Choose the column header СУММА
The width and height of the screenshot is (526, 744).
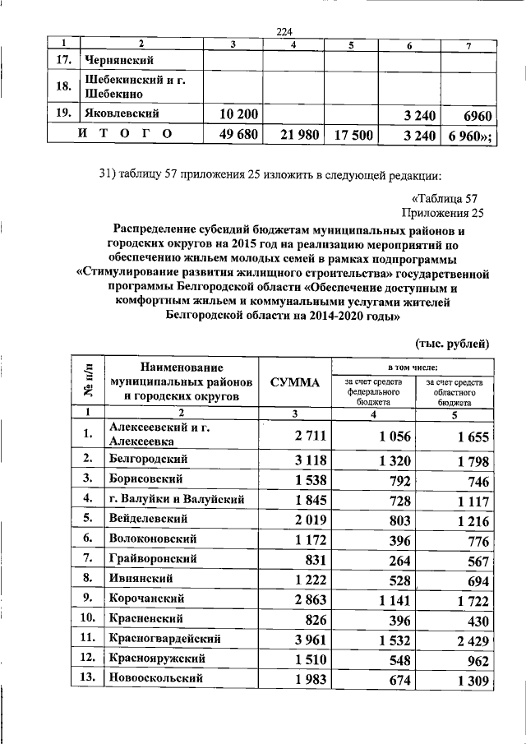click(x=295, y=381)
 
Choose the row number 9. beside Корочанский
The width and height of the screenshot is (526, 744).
click(x=90, y=598)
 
